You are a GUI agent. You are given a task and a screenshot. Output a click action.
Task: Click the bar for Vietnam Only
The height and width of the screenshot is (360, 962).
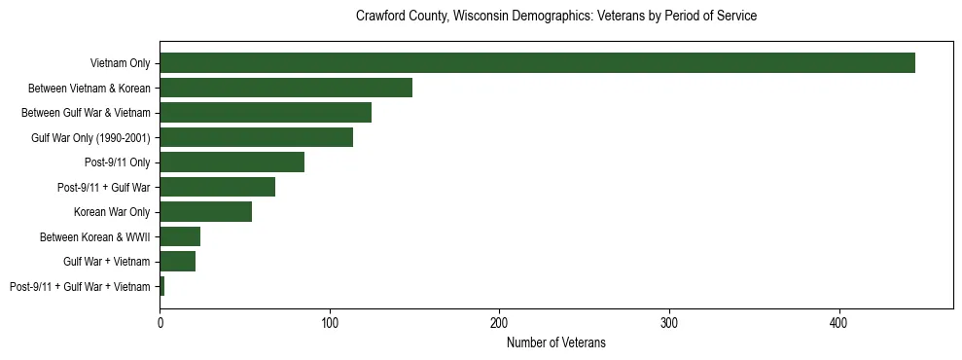(x=537, y=63)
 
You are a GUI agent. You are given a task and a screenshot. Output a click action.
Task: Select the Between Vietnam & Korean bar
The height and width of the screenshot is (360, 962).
(x=286, y=88)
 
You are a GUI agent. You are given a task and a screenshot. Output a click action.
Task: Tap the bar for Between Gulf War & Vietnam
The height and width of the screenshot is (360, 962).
(x=266, y=113)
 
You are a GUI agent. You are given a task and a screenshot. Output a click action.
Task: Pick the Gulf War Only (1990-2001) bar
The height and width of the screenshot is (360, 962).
(x=256, y=137)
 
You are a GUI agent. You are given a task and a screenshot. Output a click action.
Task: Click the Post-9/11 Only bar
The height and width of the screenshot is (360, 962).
(x=232, y=162)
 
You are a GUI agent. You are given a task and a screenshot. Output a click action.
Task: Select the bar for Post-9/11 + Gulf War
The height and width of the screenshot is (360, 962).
(x=217, y=187)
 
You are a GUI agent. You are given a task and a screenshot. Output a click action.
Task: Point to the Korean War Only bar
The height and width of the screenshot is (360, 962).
(x=205, y=212)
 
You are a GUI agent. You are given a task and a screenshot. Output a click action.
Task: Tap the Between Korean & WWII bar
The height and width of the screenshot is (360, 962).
(x=180, y=236)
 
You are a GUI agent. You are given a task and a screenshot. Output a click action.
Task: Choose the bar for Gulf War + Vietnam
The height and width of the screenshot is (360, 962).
(x=177, y=262)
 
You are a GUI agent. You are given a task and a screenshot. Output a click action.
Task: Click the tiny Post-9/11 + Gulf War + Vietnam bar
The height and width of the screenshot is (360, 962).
(x=161, y=286)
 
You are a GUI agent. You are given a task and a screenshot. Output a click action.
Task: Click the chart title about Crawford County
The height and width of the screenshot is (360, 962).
(x=555, y=17)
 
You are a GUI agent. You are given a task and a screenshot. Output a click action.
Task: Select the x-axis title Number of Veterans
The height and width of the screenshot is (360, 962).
(x=555, y=342)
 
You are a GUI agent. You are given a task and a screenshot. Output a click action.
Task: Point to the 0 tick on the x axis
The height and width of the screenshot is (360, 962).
(x=160, y=322)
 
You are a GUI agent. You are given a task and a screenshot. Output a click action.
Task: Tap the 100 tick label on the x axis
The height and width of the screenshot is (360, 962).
(x=330, y=322)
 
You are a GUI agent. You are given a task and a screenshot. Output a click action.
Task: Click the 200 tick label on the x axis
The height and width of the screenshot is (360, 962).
(x=499, y=322)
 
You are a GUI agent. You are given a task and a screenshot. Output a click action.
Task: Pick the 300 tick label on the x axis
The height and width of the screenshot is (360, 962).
(x=669, y=322)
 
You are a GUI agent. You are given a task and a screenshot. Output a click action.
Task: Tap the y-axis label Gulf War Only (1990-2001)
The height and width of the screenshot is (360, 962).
(x=90, y=137)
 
